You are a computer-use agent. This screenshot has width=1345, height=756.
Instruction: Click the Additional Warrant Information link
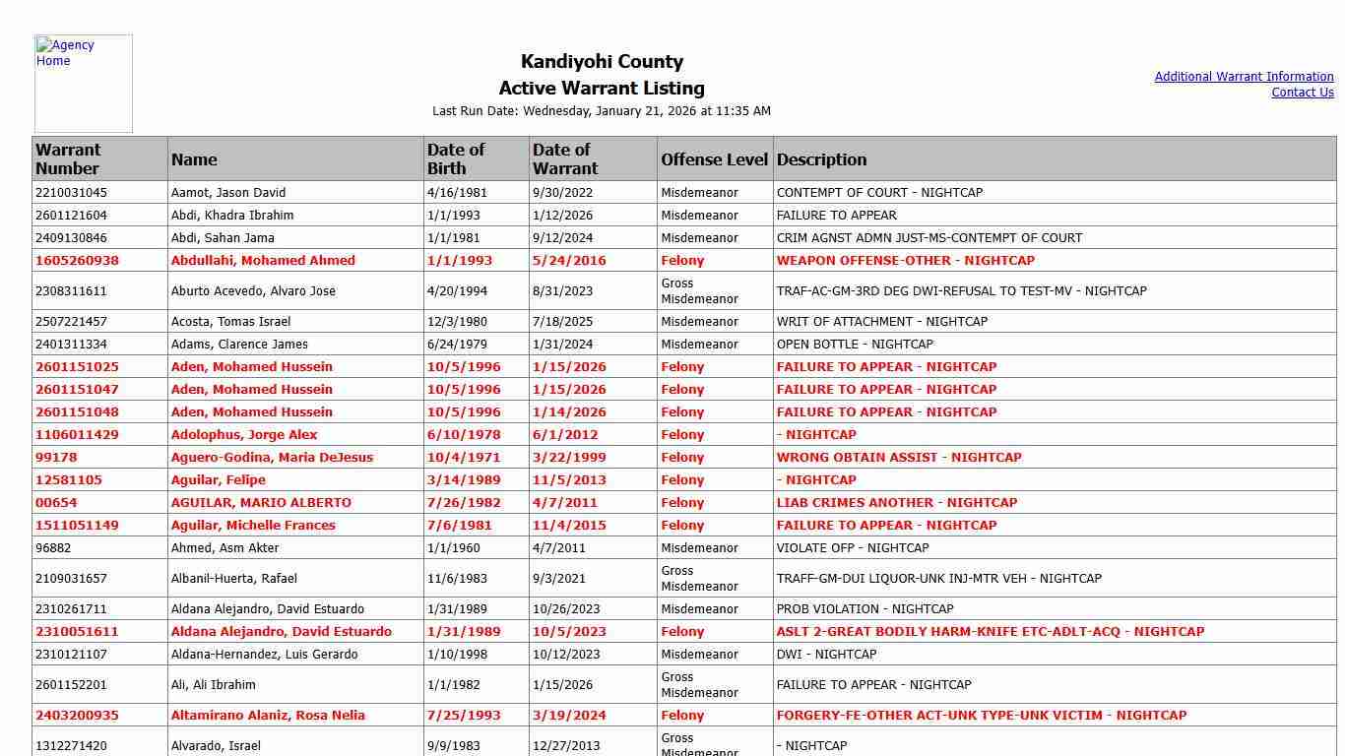click(1244, 77)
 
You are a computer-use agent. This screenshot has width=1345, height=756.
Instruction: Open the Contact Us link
click(1302, 93)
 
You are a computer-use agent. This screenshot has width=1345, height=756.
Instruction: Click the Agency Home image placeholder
click(83, 84)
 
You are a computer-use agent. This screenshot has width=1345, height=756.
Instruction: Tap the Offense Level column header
click(714, 159)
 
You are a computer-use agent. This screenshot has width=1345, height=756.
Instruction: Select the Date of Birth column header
click(456, 158)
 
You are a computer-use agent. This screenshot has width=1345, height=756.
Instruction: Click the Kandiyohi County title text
click(602, 62)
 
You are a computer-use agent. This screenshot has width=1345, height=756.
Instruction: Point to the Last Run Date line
click(602, 111)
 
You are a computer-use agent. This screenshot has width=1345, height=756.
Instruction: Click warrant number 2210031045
click(71, 193)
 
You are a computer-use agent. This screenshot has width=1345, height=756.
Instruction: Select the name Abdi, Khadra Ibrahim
click(232, 216)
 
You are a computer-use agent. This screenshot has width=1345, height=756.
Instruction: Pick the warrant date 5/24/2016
click(569, 261)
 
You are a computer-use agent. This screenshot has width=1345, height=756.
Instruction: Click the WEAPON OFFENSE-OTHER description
click(905, 261)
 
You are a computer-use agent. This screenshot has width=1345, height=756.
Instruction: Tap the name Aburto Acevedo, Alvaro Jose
click(253, 291)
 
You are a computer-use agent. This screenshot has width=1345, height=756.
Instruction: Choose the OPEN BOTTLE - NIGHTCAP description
click(855, 345)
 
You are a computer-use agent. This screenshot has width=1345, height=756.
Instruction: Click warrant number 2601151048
click(77, 412)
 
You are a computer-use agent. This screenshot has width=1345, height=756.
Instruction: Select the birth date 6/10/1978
click(463, 435)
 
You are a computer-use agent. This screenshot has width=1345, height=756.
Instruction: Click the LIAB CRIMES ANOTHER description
click(896, 503)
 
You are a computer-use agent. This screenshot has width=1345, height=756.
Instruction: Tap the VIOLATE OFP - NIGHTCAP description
click(852, 548)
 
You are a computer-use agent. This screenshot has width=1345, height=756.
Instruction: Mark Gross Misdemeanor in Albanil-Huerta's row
click(699, 579)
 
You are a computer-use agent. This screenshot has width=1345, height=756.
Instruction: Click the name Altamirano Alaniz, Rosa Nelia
click(268, 716)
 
